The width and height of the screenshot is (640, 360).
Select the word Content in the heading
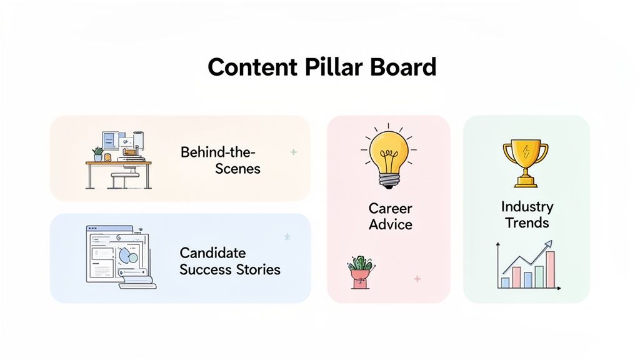tap(252, 67)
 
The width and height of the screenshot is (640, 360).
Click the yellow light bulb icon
tap(389, 157)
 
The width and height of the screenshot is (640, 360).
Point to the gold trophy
tap(526, 163)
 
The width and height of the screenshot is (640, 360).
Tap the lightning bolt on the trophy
tap(526, 150)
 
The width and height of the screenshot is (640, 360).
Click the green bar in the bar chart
tap(539, 277)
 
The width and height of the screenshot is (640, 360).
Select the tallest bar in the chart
tap(550, 269)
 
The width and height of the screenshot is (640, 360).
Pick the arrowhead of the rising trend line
tap(547, 244)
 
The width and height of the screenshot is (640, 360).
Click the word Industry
tap(527, 206)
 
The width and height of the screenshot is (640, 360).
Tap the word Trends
tap(527, 223)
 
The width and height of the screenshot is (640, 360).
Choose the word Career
tap(390, 208)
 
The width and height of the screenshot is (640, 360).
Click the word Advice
tap(390, 224)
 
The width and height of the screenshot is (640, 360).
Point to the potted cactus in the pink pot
tap(361, 272)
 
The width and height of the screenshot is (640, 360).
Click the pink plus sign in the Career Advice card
tap(417, 279)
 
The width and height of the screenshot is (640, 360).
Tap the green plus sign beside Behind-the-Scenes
tap(294, 152)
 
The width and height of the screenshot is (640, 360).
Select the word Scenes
tap(237, 169)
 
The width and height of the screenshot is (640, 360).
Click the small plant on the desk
tap(97, 154)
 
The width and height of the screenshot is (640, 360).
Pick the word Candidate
tap(212, 253)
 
